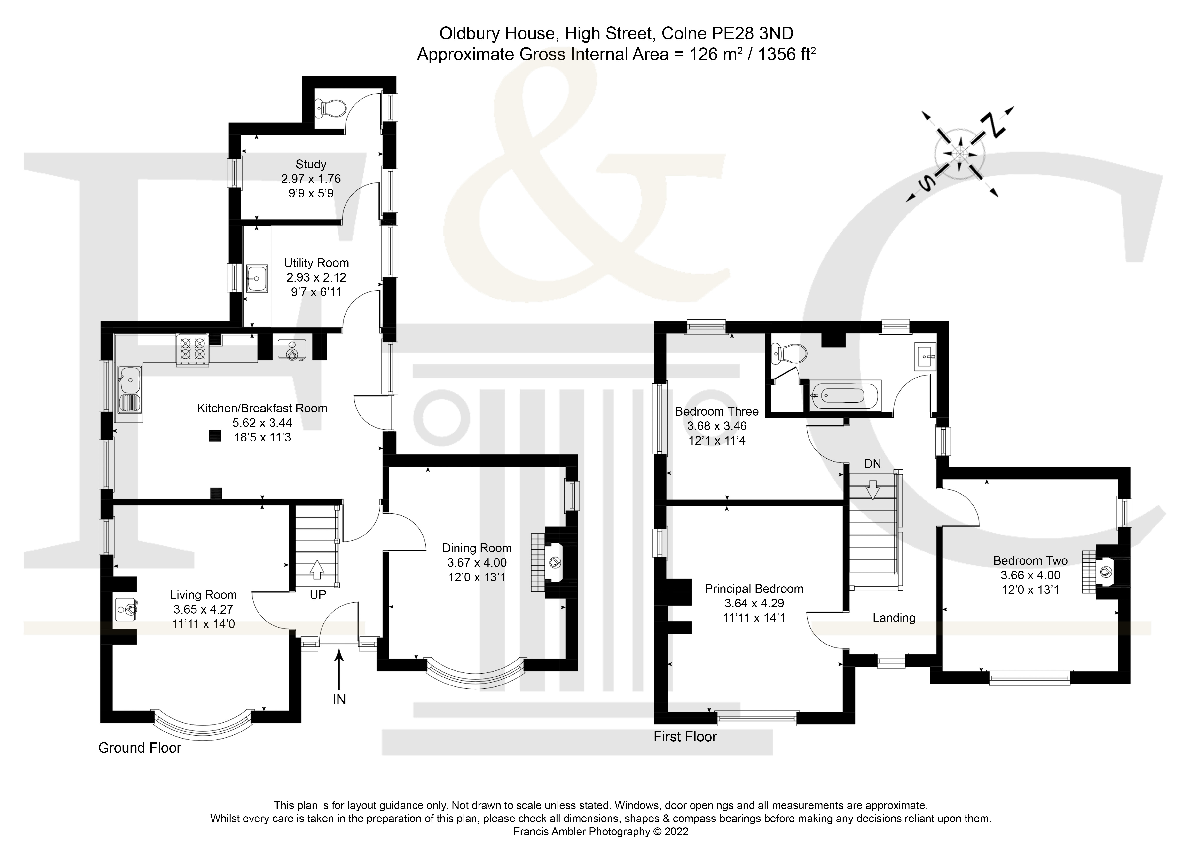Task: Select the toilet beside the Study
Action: (331, 108)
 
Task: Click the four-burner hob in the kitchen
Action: (192, 349)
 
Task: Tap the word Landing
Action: (894, 618)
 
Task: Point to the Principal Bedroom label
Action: (754, 589)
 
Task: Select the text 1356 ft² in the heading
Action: (786, 55)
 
